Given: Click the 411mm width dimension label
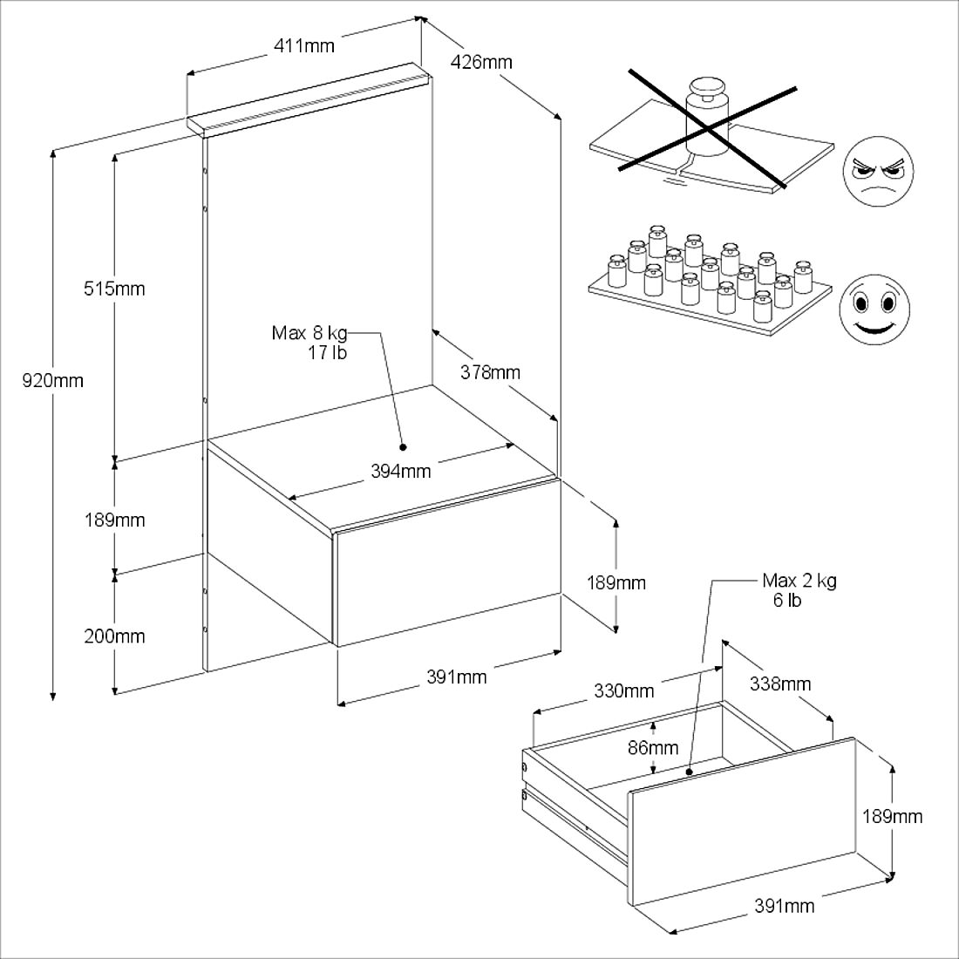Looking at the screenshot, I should pyautogui.click(x=304, y=45).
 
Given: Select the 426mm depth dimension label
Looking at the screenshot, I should pyautogui.click(x=482, y=62).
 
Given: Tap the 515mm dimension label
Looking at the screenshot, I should pyautogui.click(x=114, y=289).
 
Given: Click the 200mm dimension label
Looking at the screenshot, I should pyautogui.click(x=114, y=636).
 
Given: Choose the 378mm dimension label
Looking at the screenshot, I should pyautogui.click(x=490, y=373).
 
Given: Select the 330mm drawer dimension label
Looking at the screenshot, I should pyautogui.click(x=623, y=691).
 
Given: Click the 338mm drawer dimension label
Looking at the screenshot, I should pyautogui.click(x=780, y=684).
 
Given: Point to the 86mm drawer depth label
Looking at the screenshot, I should pyautogui.click(x=653, y=747).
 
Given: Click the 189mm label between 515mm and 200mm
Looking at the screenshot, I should pyautogui.click(x=114, y=520).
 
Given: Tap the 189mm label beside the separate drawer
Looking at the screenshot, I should pyautogui.click(x=892, y=817).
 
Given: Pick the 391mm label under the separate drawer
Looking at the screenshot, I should pyautogui.click(x=784, y=906).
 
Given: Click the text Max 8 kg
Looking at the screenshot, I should pyautogui.click(x=309, y=333).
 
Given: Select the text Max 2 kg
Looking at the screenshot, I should pyautogui.click(x=799, y=582).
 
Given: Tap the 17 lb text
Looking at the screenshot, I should pyautogui.click(x=327, y=353).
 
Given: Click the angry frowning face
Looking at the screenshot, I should pyautogui.click(x=878, y=172).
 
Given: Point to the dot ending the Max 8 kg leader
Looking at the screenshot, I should pyautogui.click(x=404, y=447).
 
